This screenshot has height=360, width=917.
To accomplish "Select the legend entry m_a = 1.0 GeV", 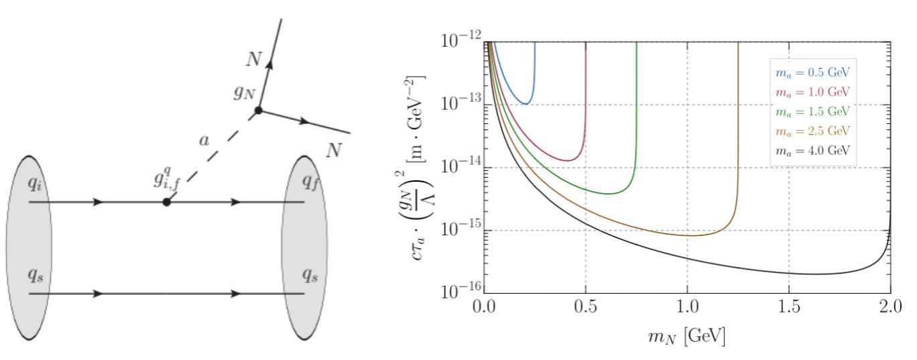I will (813, 91).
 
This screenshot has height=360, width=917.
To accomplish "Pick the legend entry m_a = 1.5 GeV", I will (813, 111).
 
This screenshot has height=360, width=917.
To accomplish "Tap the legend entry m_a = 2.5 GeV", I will (813, 130).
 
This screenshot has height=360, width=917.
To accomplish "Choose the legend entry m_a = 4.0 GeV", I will (813, 150).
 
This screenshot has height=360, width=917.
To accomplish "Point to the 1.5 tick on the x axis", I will (789, 310).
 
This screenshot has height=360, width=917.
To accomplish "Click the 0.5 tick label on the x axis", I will (585, 310).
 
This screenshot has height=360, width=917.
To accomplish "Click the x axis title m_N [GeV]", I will (686, 339).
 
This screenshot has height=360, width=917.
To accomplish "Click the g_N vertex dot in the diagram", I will (258, 111).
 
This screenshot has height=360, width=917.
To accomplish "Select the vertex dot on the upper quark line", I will (166, 201).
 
